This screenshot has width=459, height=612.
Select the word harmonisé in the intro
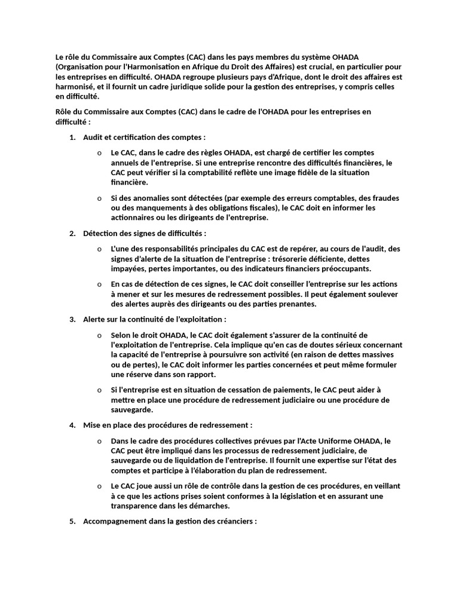(75, 87)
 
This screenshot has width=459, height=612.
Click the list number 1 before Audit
(72, 137)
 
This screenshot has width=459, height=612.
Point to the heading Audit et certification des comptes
(144, 137)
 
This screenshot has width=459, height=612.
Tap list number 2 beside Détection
(72, 233)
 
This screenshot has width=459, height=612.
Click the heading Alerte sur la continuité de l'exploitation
(155, 319)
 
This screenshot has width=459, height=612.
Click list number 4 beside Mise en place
(72, 425)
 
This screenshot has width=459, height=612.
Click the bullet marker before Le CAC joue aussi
(99, 486)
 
